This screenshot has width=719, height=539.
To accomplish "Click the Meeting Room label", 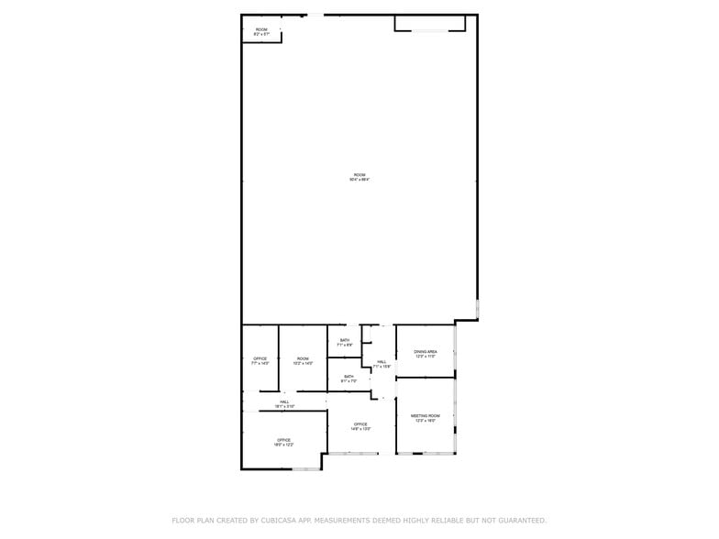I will pyautogui.click(x=426, y=417).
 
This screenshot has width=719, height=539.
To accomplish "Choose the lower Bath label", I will pyautogui.click(x=348, y=378).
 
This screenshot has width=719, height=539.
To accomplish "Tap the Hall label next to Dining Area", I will pyautogui.click(x=382, y=363).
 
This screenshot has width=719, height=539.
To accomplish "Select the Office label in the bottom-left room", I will pyautogui.click(x=284, y=442).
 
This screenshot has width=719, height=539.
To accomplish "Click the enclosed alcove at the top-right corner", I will pyautogui.click(x=429, y=23).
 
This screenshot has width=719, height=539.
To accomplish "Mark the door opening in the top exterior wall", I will pyautogui.click(x=315, y=15).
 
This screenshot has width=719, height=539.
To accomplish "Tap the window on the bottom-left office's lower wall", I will pyautogui.click(x=306, y=469).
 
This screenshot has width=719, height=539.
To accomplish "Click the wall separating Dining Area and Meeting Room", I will pyautogui.click(x=426, y=377).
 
